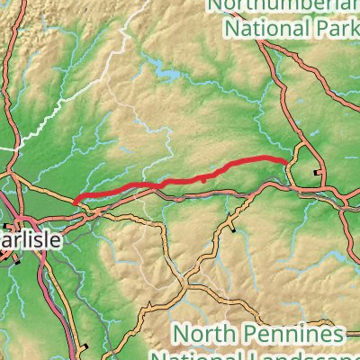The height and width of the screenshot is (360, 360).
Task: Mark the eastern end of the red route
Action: [287, 161]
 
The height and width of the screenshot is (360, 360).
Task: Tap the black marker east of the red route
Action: [315, 172]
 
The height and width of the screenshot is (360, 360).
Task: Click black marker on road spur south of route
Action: [233, 230]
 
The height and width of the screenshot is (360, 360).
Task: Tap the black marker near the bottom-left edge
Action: [84, 346]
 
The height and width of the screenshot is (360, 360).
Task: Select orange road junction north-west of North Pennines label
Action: [184, 290]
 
